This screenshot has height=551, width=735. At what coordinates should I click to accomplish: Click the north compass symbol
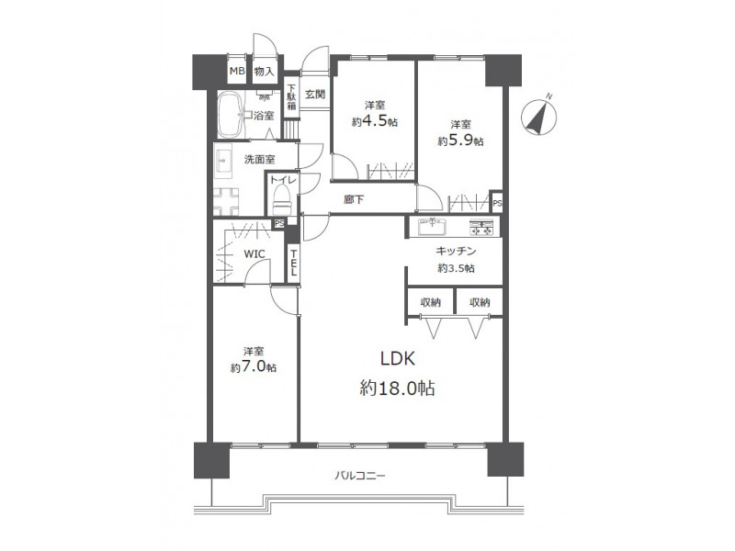pos(539,117)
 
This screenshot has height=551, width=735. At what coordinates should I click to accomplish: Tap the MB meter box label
pos(237,72)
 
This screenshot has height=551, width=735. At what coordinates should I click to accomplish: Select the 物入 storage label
pos(264,72)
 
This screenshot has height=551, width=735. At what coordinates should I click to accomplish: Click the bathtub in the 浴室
pos(230,114)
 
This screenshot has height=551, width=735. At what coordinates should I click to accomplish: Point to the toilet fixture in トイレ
pos(282,199)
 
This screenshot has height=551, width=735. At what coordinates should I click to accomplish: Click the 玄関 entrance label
pos(315,95)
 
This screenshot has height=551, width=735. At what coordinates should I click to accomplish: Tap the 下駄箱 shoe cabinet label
pos(291,97)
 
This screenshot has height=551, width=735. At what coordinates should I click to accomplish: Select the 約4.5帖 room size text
pos(375,121)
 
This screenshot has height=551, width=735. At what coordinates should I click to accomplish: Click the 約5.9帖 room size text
pos(461,141)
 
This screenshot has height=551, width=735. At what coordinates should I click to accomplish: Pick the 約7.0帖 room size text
pos(254,366)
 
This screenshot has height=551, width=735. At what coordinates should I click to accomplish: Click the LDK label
pos(398,359)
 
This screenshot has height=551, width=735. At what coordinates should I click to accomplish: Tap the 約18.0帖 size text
pos(398,388)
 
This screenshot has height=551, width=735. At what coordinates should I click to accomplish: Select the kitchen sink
pos(432,227)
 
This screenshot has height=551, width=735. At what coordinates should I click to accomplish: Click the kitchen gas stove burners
pos(481,227)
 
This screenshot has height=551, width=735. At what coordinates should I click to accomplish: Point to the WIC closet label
pos(254,254)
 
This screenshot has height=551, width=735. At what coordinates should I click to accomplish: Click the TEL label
pos(293,263)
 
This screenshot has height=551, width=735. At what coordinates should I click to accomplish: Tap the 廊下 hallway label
pos(354,199)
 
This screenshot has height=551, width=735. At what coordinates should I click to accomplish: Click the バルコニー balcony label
pos(359,476)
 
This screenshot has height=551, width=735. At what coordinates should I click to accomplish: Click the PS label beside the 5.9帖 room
pos(497,204)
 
